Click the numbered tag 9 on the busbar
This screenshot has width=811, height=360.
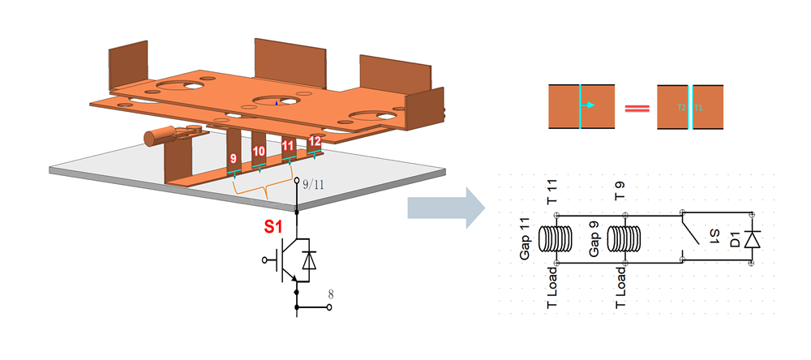(234, 158)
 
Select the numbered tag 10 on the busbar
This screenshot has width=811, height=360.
(259, 152)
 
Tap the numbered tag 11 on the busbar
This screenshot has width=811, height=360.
(287, 146)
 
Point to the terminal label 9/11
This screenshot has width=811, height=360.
(311, 184)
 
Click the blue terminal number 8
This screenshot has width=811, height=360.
(330, 294)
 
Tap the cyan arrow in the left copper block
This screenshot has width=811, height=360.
(590, 105)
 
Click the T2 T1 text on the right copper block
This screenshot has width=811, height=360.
(689, 106)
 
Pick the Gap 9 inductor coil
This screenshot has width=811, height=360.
(624, 239)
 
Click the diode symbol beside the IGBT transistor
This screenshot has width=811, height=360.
(308, 259)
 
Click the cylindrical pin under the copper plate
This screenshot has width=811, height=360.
(154, 138)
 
